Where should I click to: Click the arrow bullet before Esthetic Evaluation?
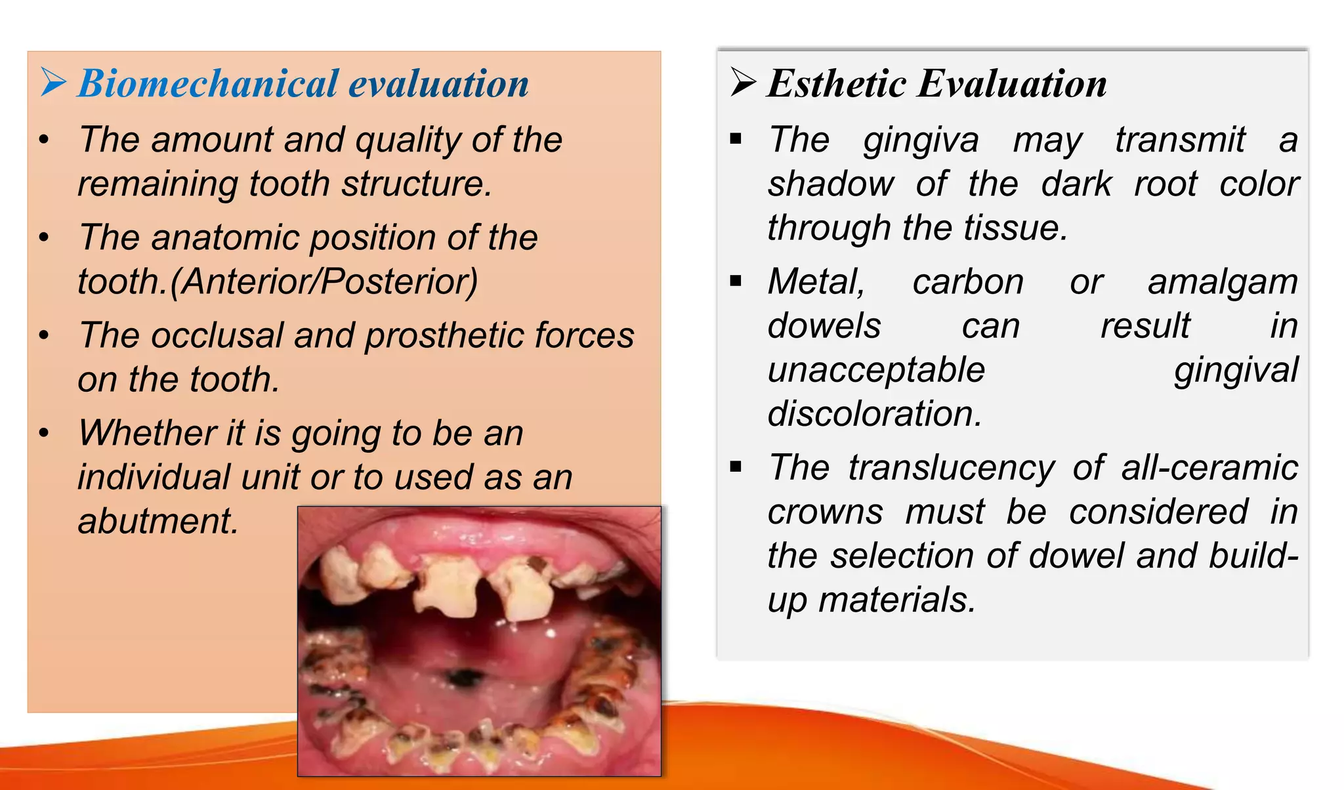[743, 83]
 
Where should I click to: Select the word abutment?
[157, 522]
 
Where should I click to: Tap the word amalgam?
[1222, 283]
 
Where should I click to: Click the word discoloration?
[874, 415]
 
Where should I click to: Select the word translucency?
[951, 468]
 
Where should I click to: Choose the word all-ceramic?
[1209, 468]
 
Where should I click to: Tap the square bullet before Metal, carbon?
[736, 281]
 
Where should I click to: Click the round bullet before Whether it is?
[44, 433]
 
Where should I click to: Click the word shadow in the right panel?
[831, 184]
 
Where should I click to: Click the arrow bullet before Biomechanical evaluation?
[53, 83]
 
